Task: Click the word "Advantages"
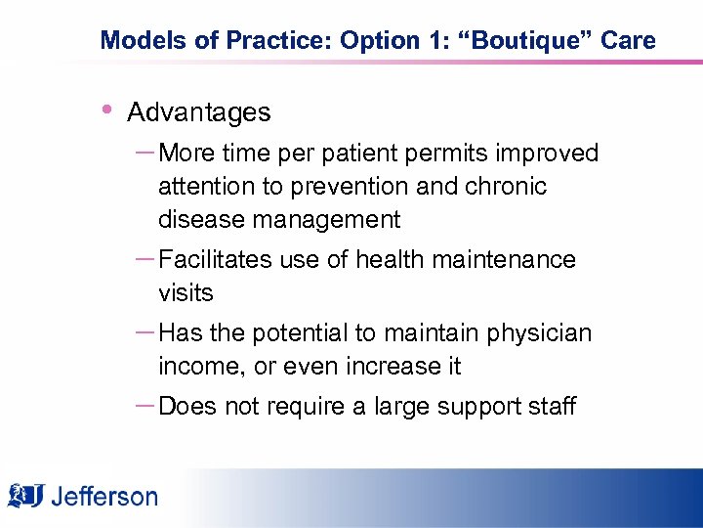click(x=199, y=112)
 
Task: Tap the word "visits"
click(x=186, y=292)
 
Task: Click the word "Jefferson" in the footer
click(x=103, y=497)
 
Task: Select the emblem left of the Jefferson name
click(x=27, y=495)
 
